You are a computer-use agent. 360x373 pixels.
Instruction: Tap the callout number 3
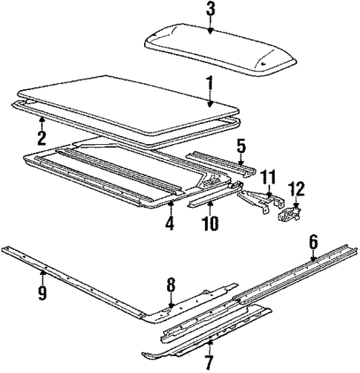211,9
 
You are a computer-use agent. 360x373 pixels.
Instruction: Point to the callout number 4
170,223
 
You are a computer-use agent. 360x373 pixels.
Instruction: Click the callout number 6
312,241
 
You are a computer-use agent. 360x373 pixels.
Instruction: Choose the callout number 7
209,363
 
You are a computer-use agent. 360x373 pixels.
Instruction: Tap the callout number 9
42,293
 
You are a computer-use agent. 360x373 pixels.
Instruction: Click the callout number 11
268,177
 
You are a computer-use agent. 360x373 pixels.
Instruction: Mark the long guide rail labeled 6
289,279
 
